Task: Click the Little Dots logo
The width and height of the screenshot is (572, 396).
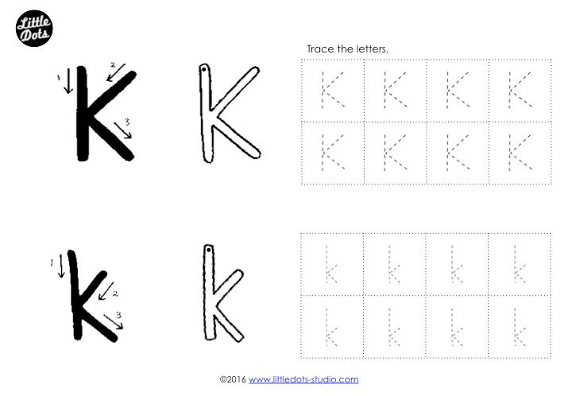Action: [34, 29]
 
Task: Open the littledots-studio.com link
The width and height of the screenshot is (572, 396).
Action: [303, 379]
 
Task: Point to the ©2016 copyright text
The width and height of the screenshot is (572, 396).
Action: [233, 379]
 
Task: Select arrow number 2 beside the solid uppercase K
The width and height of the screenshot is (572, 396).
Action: [116, 73]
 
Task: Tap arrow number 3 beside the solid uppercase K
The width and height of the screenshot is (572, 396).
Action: [123, 130]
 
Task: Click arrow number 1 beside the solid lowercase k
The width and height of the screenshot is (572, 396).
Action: [61, 266]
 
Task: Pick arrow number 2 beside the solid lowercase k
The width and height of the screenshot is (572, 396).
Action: [106, 291]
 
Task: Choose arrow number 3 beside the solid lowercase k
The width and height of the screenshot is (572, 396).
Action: [114, 321]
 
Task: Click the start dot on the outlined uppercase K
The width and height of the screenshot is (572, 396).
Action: [203, 69]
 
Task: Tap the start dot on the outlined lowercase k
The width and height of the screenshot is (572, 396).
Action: [208, 250]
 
